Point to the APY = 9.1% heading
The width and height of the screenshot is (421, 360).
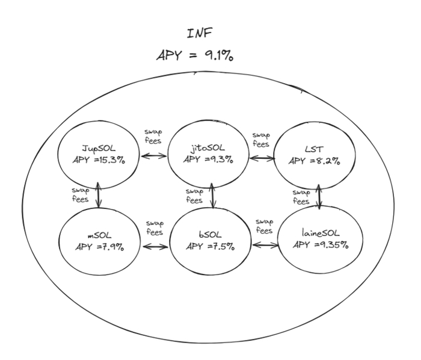tap(195, 55)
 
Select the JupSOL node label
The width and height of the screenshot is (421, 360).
tap(97, 147)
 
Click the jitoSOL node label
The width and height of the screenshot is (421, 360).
tap(206, 147)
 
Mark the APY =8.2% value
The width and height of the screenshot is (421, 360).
tap(314, 161)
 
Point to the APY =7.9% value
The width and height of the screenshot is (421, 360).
tap(100, 246)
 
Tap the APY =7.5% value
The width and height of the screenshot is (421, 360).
tap(210, 246)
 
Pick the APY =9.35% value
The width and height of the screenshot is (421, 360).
tap(321, 245)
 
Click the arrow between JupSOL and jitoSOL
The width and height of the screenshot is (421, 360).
tap(153, 156)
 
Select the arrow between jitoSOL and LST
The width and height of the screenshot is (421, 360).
tap(262, 158)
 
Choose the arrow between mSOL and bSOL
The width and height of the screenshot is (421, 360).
tap(155, 247)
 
